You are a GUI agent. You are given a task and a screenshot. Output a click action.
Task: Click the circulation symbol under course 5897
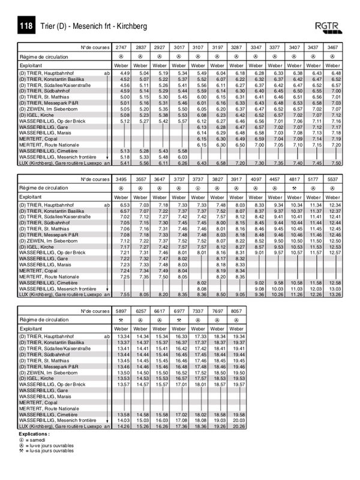pyautogui.click(x=122, y=321)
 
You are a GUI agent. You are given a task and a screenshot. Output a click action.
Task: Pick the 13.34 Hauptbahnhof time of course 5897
pyautogui.click(x=123, y=337)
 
